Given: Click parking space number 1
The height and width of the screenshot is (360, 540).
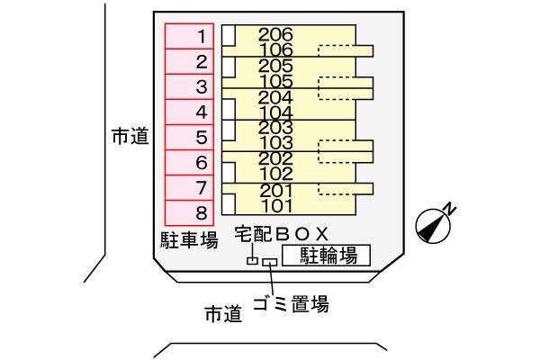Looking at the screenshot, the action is pyautogui.click(x=189, y=36).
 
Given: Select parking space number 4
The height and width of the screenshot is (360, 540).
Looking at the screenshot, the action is pyautogui.click(x=189, y=112).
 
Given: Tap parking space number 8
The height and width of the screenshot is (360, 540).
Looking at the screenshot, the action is pyautogui.click(x=189, y=213).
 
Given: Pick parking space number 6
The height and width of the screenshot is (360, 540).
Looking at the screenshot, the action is pyautogui.click(x=189, y=163).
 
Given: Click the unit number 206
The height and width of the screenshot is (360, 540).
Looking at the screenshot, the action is pyautogui.click(x=275, y=34).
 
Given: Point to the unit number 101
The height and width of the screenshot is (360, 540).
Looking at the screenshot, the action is pyautogui.click(x=277, y=206).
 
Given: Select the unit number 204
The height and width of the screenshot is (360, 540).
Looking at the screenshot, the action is pyautogui.click(x=275, y=97).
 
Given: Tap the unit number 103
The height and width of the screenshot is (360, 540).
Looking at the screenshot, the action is pyautogui.click(x=275, y=142).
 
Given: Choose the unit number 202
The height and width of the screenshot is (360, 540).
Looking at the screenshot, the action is pyautogui.click(x=275, y=158).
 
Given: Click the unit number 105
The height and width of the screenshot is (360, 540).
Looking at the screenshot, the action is pyautogui.click(x=276, y=81).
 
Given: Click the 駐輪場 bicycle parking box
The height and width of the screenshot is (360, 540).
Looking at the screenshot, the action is pyautogui.click(x=326, y=256).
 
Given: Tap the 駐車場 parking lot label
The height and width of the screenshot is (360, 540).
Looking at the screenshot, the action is pyautogui.click(x=189, y=240).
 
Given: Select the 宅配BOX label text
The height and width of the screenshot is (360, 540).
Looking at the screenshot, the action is pyautogui.click(x=282, y=234).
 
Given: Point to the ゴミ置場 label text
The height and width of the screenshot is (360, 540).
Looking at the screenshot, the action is pyautogui.click(x=291, y=304).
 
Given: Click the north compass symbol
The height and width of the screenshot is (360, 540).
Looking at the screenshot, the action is pyautogui.click(x=433, y=226).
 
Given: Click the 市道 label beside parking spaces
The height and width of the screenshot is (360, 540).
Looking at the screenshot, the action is pyautogui.click(x=130, y=136).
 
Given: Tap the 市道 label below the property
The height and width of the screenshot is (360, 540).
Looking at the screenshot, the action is pyautogui.click(x=223, y=314).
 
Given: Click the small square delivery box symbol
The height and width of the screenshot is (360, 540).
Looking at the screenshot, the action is pyautogui.click(x=252, y=261).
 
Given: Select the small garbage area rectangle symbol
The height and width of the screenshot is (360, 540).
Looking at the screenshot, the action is pyautogui.click(x=270, y=263).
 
